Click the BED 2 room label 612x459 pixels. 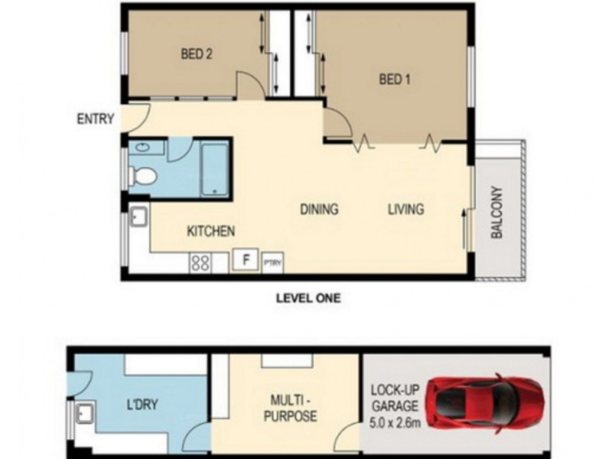(196, 54)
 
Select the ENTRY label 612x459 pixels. (96, 119)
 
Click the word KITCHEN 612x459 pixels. (210, 231)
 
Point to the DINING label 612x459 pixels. (318, 209)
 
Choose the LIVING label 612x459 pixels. (405, 209)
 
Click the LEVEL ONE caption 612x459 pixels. (308, 298)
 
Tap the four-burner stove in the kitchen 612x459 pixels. (200, 262)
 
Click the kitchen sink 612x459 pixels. (138, 219)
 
